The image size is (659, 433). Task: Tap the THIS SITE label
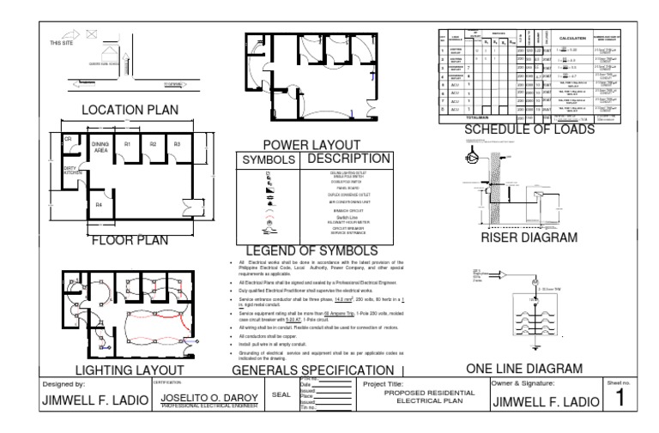[62, 42]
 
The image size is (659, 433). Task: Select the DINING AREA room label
[100, 147]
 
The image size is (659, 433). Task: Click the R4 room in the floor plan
[99, 206]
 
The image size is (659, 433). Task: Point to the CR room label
[68, 138]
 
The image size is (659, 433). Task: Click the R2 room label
[153, 145]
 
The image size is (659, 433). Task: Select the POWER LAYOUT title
[299, 146]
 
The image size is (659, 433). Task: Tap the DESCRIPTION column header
[342, 159]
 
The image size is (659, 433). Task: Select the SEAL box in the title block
[281, 395]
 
